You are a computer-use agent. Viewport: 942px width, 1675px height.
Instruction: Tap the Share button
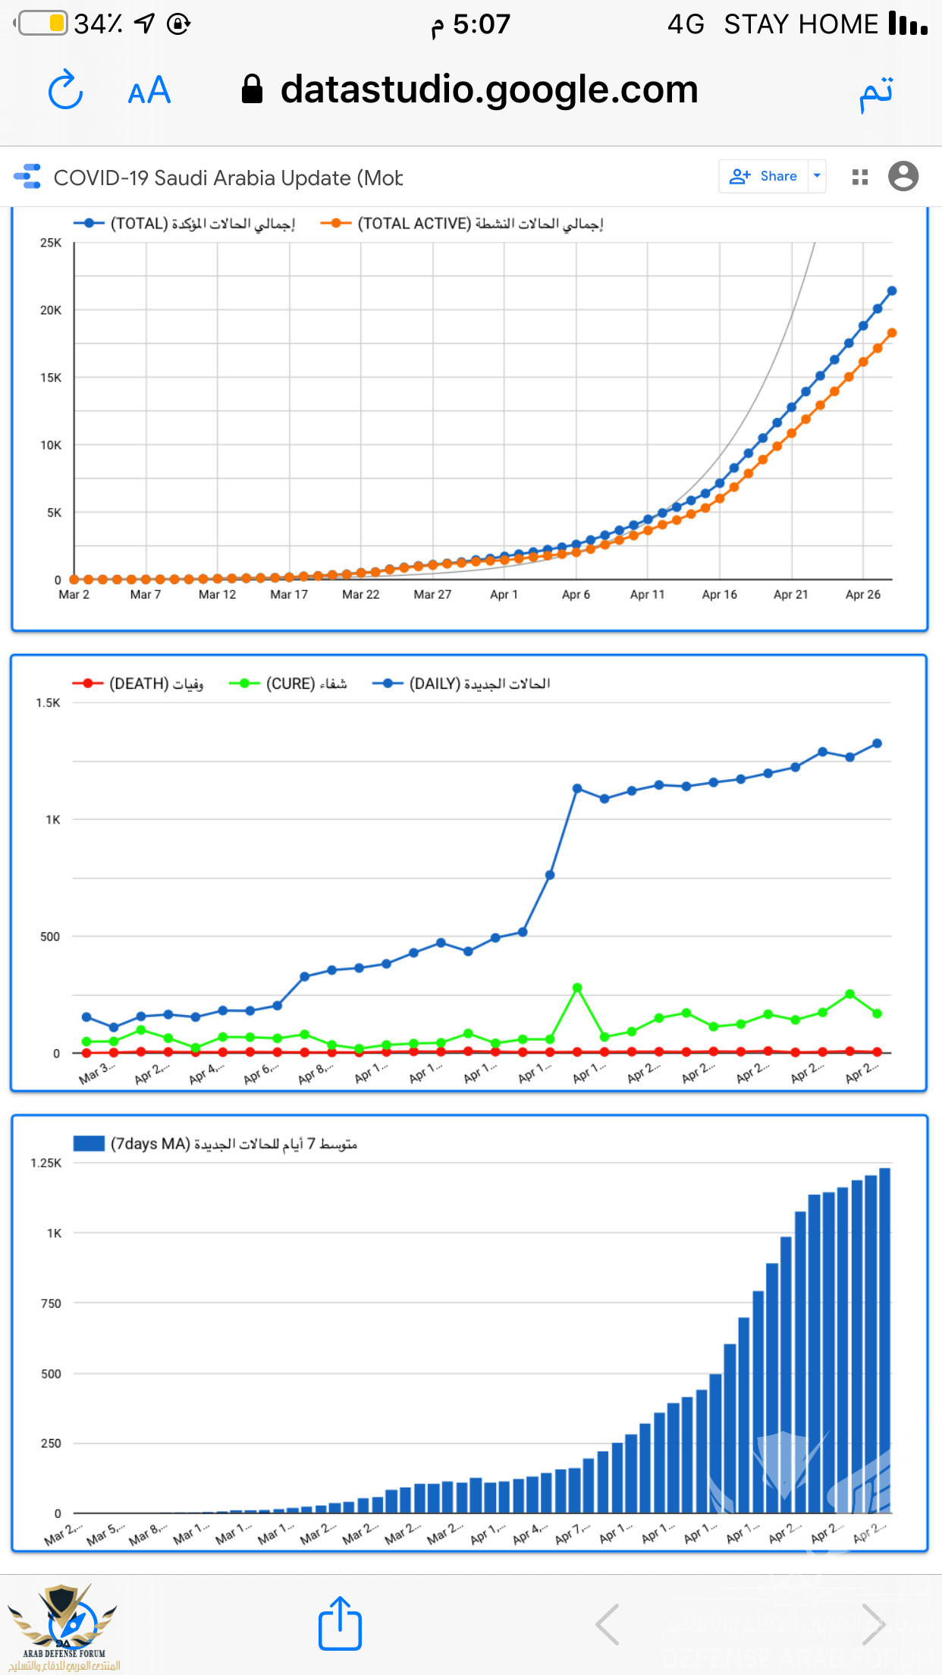[x=763, y=176]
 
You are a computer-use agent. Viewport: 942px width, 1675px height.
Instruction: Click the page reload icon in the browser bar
[x=65, y=90]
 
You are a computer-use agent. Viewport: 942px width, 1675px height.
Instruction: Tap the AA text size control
[x=149, y=91]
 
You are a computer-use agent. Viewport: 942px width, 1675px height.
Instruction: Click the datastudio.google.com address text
[x=489, y=90]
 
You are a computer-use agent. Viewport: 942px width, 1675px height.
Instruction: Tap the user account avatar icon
[x=903, y=176]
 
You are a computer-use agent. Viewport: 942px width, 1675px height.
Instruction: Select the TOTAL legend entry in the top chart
[x=184, y=224]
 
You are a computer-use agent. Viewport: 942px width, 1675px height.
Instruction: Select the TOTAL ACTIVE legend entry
[x=462, y=224]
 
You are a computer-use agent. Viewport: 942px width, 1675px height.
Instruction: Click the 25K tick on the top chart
[x=51, y=243]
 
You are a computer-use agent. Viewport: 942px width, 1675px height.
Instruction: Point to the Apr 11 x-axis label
[x=647, y=595]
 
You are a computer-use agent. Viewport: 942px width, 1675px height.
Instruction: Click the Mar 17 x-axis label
[x=289, y=595]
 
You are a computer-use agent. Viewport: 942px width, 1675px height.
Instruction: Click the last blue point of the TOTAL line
[x=892, y=291]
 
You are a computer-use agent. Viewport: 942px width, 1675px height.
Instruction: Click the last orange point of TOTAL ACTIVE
[x=892, y=333]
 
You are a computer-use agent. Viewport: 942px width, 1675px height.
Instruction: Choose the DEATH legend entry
[x=138, y=684]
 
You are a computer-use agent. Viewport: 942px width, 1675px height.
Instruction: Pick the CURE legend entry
[x=288, y=684]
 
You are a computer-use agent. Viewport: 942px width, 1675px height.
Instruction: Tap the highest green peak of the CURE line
[x=577, y=988]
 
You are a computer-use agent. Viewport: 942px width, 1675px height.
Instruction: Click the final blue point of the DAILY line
[x=878, y=743]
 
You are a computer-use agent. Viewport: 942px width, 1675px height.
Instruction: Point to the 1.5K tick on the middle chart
[x=48, y=703]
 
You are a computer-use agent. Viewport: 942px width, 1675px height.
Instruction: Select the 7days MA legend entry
[x=215, y=1144]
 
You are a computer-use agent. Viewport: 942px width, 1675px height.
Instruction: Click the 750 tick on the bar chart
[x=51, y=1303]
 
